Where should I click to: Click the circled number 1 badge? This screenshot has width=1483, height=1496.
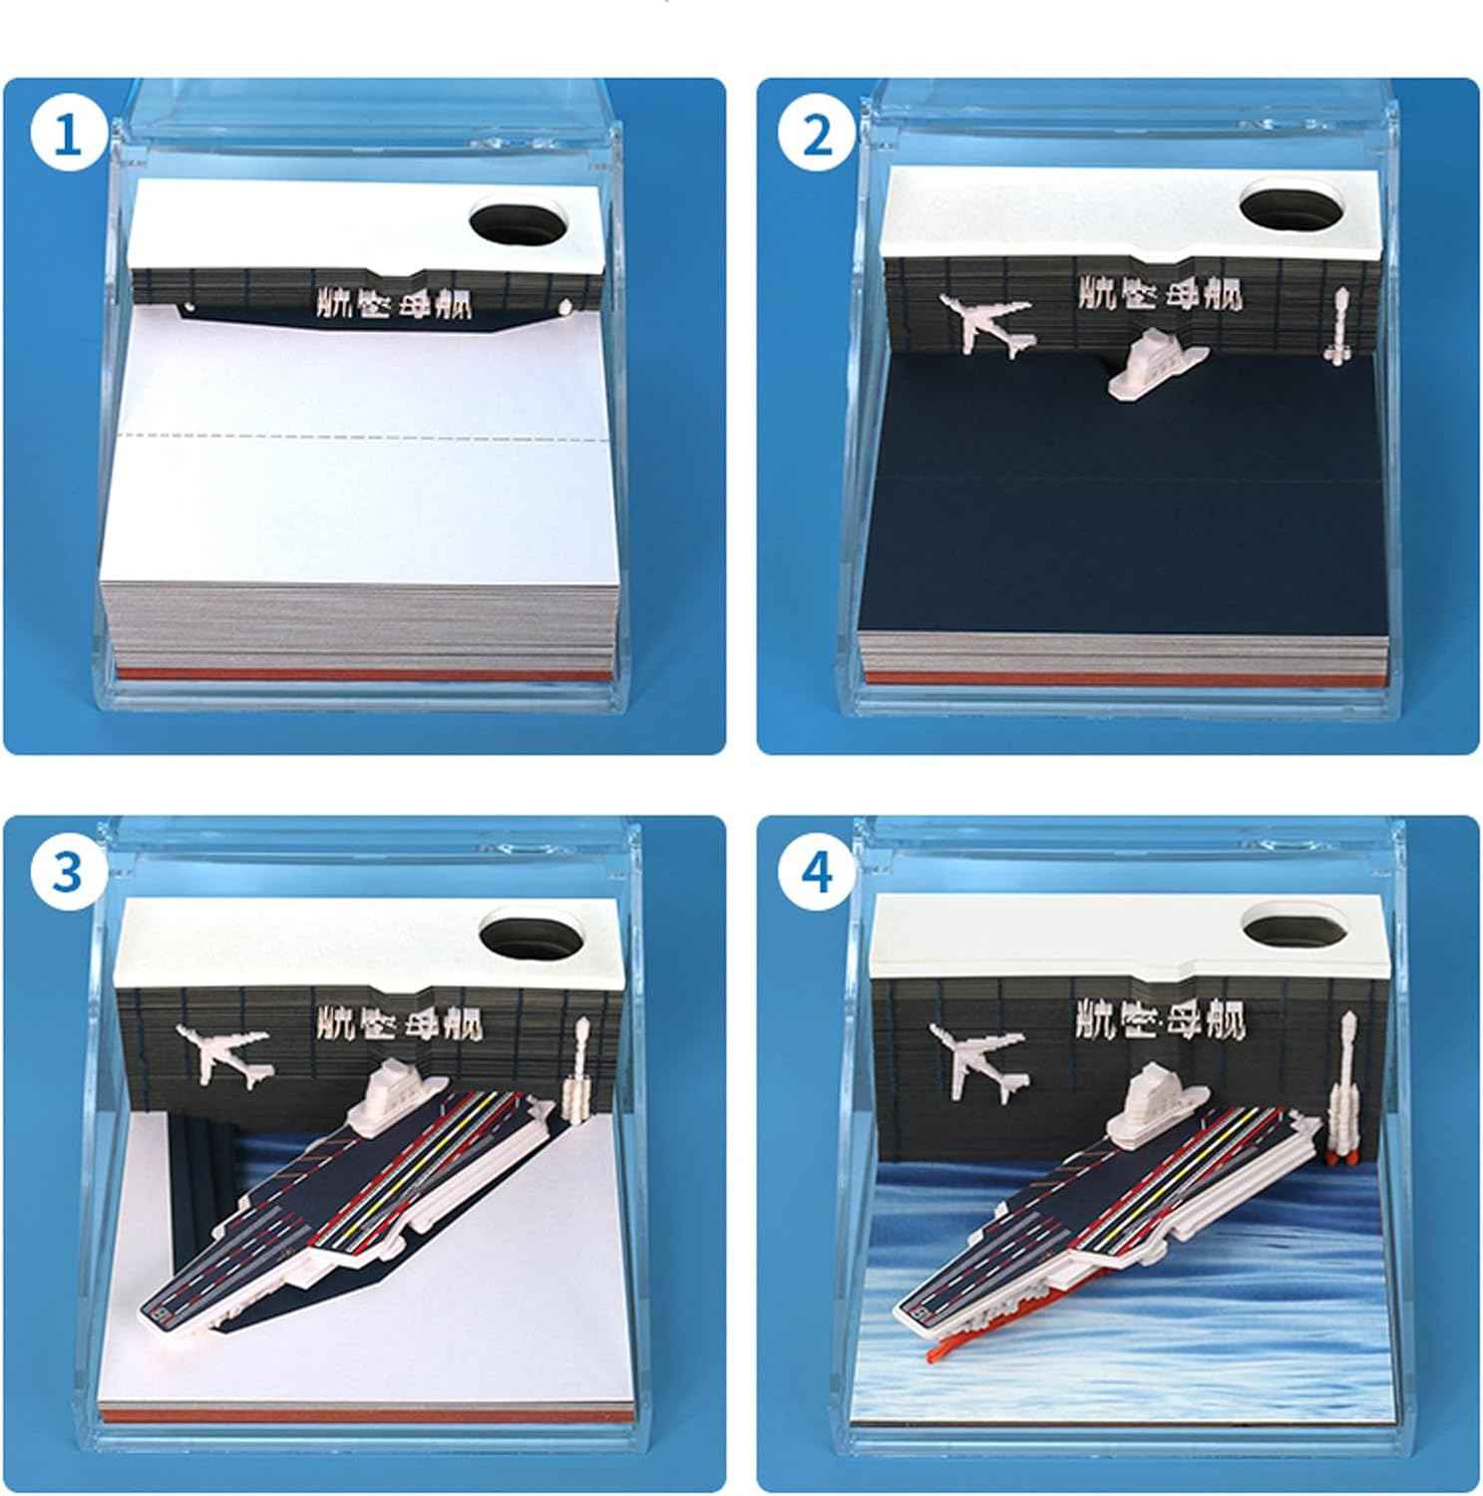click(67, 135)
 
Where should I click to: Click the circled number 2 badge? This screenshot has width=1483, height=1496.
click(817, 135)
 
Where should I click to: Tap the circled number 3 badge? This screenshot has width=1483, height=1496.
click(67, 872)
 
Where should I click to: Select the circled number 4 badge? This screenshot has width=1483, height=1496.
click(817, 872)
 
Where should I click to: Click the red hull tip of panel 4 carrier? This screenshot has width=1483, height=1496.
click(942, 1351)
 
